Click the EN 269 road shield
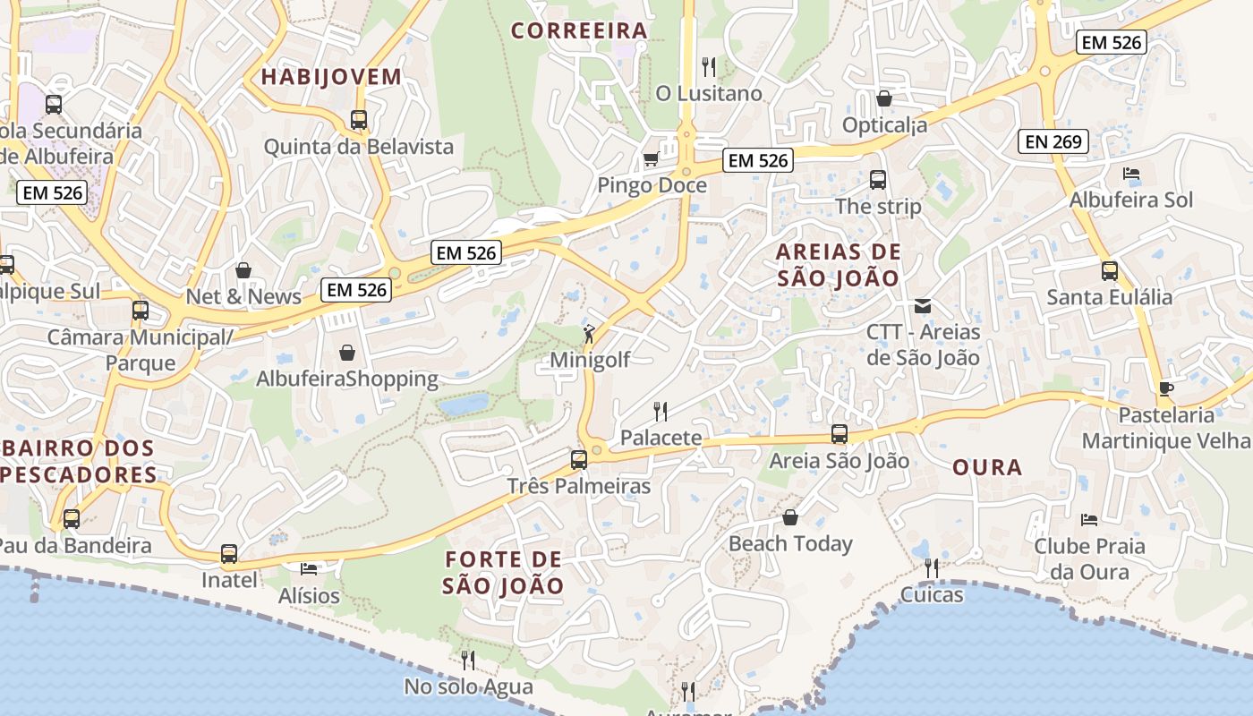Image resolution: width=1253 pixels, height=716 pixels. pos(1053,141)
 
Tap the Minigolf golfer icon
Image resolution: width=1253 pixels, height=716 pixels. pos(589,334)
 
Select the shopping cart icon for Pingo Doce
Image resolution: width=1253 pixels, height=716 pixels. pos(651,158)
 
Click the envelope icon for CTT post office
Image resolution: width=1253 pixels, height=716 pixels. pos(923,306)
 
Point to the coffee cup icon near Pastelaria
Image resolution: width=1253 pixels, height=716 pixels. pos(1165,388)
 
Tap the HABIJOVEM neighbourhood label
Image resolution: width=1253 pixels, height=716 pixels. pos(331,77)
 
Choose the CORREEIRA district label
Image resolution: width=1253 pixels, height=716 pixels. pos(579,30)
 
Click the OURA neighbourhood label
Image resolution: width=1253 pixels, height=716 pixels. pos(987,467)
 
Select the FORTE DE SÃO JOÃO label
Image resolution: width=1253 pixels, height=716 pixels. pos(503,573)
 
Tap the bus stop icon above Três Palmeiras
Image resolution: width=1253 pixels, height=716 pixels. pos(579,460)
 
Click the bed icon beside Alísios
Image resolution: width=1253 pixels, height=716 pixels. pos(309,568)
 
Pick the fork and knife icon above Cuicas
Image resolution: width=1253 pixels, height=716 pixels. pos(932,567)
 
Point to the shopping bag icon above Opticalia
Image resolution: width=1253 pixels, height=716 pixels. pos(884,98)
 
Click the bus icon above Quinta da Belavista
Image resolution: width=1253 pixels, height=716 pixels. pos(359,119)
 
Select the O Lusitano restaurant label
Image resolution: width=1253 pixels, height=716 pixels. pos(709,93)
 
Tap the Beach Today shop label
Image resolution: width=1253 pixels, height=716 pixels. pos(790,543)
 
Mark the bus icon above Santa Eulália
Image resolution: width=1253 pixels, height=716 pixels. pos(1110,270)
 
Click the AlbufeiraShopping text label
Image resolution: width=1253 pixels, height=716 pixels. pos(347,379)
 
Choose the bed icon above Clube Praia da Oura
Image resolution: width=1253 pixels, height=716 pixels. pos(1089,519)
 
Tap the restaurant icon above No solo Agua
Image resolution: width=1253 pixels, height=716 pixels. pos(468,661)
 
